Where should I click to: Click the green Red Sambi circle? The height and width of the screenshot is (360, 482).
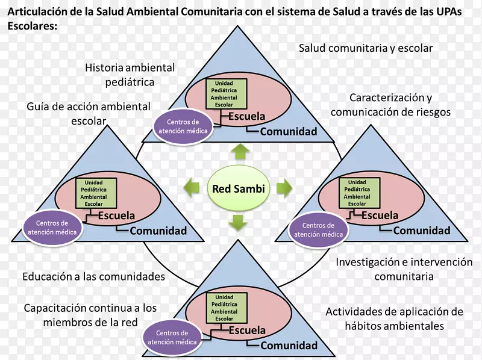(239, 188)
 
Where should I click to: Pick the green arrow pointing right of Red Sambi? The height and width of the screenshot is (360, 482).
(283, 188)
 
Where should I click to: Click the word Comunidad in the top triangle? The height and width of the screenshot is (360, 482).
(289, 132)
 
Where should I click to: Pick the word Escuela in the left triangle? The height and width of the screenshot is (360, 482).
(116, 216)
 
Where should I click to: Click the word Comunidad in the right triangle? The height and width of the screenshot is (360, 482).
(421, 230)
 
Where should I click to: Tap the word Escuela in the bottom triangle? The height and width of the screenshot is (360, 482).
(247, 330)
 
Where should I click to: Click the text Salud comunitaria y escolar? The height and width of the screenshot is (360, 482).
(366, 48)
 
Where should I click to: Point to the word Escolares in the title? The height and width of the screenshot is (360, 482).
(33, 26)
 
